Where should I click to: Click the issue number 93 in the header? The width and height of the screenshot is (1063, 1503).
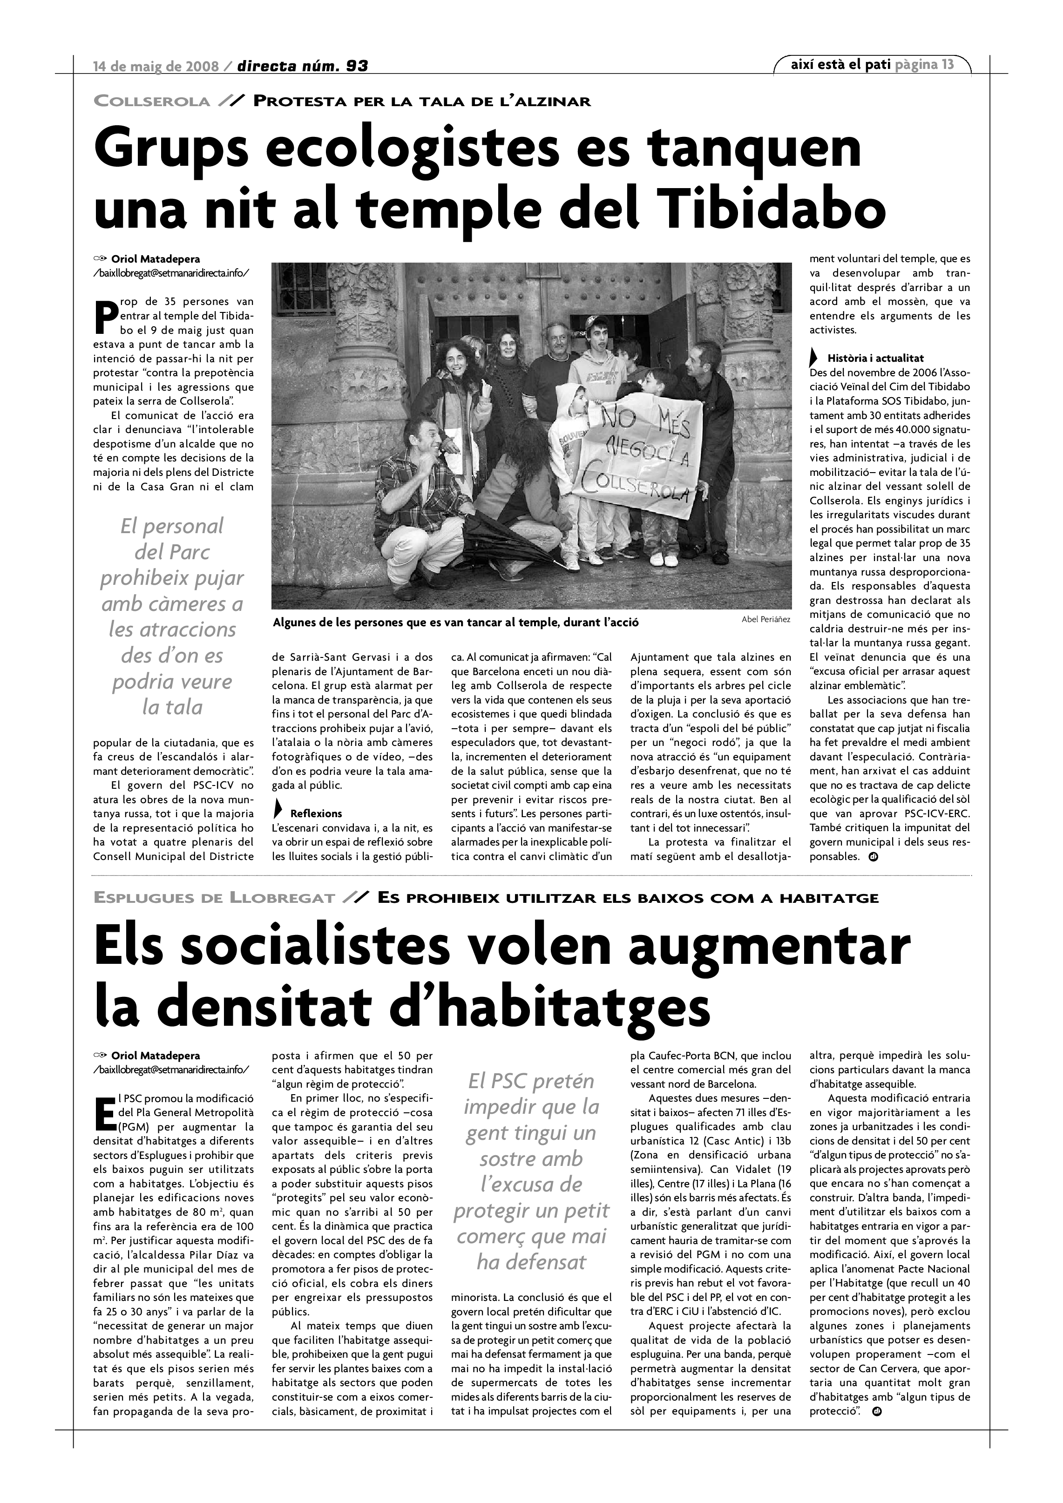click(356, 66)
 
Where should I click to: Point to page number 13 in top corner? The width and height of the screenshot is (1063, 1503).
click(947, 64)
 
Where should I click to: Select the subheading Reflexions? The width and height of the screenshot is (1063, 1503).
click(316, 814)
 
